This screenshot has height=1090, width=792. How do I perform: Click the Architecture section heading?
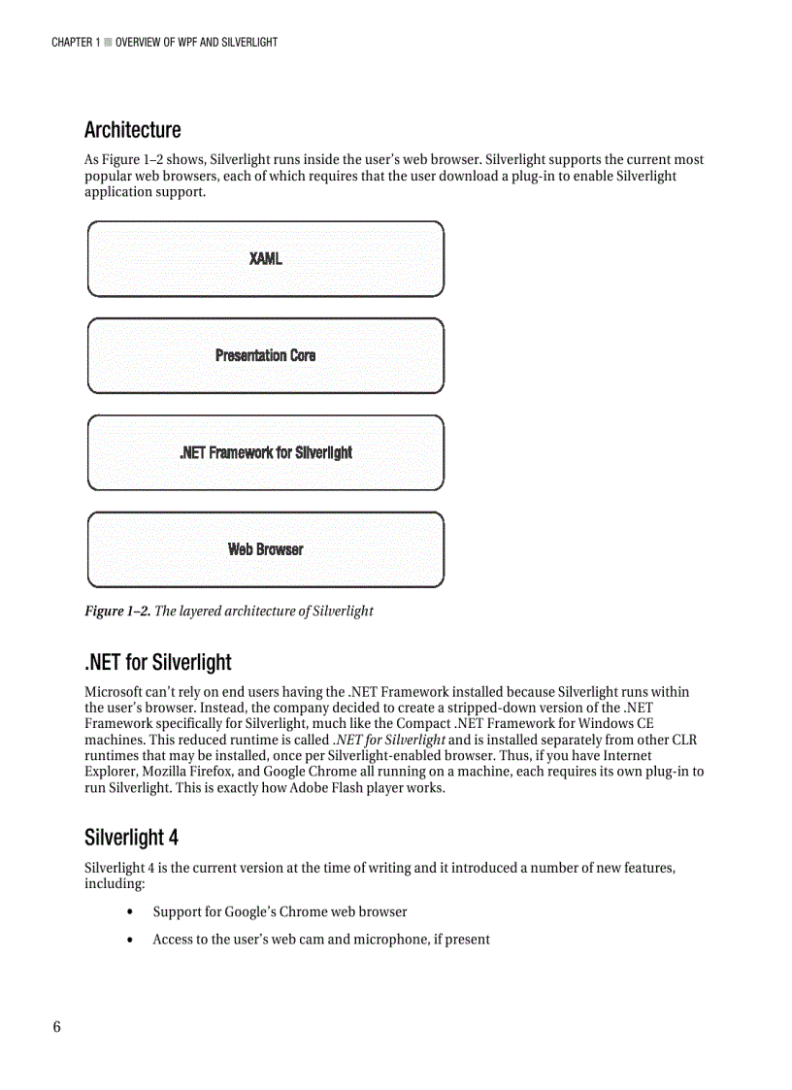(132, 130)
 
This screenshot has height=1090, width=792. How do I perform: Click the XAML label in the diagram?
(265, 258)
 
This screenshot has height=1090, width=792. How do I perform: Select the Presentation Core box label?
(265, 355)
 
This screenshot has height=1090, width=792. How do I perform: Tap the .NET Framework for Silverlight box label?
(265, 452)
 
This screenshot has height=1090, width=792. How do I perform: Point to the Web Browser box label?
(265, 549)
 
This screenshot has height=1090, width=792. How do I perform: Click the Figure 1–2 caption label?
(117, 611)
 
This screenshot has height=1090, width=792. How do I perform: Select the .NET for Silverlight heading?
(157, 663)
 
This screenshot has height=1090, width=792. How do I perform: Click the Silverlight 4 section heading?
(131, 838)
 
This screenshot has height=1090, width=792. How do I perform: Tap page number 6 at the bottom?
(56, 1028)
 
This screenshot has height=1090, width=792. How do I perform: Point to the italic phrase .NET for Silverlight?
(388, 740)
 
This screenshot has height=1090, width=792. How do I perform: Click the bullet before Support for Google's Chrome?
(130, 912)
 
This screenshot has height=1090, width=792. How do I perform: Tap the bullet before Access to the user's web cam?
(130, 940)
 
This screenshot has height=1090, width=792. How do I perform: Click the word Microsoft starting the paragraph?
(115, 692)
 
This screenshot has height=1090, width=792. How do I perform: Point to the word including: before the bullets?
(115, 884)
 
